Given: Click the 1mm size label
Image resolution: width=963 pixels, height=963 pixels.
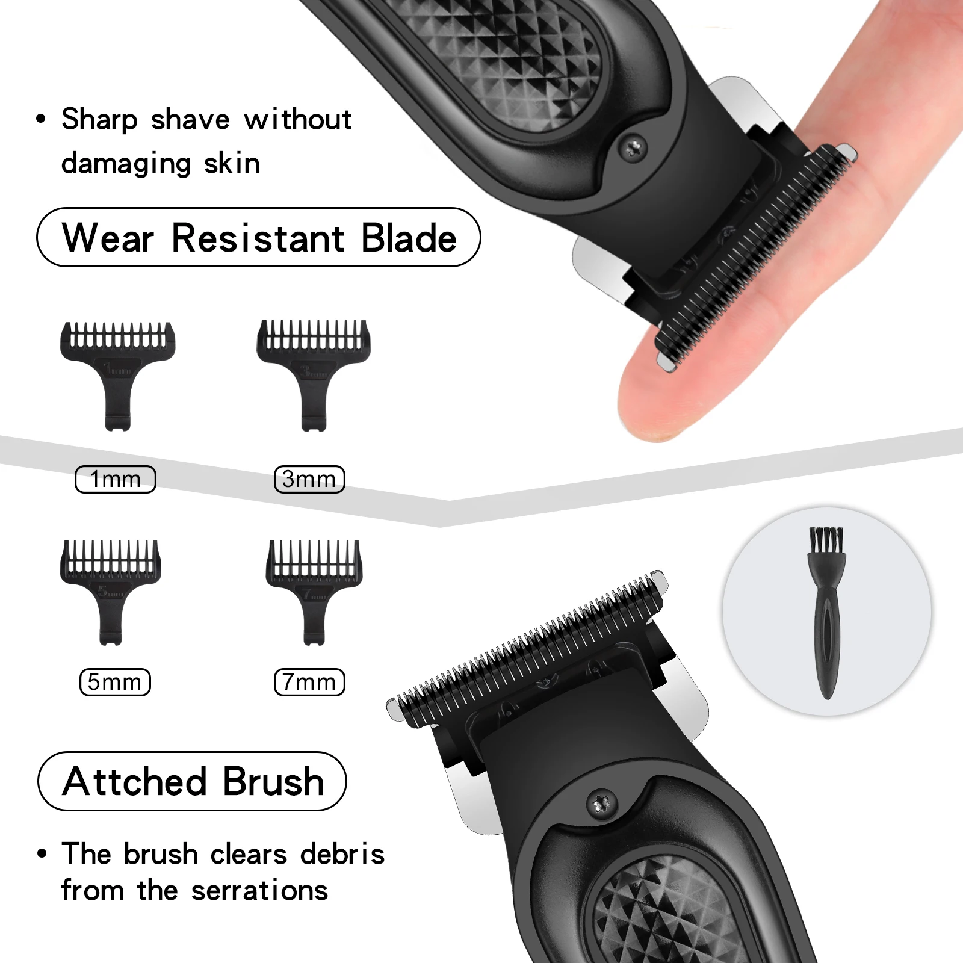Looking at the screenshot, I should click(115, 480).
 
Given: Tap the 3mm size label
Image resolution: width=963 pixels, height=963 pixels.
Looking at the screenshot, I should click(309, 480).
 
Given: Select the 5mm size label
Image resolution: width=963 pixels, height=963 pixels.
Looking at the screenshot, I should click(115, 682).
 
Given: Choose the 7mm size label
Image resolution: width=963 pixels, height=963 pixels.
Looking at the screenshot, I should click(309, 682).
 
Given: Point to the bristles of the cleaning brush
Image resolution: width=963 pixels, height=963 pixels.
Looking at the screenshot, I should click(826, 540).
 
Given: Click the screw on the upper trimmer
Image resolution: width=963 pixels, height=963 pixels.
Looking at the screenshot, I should click(634, 146).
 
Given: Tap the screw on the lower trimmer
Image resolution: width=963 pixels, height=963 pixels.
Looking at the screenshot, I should click(601, 803).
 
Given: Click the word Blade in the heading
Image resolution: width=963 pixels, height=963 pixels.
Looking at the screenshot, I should click(409, 238).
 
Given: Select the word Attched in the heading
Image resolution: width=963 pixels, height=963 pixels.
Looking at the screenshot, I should click(135, 782).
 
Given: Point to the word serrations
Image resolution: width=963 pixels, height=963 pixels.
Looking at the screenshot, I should click(259, 891).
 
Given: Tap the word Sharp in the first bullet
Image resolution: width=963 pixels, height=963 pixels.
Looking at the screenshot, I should click(99, 120).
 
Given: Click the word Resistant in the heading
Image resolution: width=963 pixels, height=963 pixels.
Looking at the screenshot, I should click(258, 238).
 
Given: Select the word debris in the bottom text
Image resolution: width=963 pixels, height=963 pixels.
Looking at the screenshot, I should click(342, 855).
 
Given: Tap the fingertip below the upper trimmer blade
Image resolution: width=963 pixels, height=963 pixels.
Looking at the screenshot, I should click(656, 397).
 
